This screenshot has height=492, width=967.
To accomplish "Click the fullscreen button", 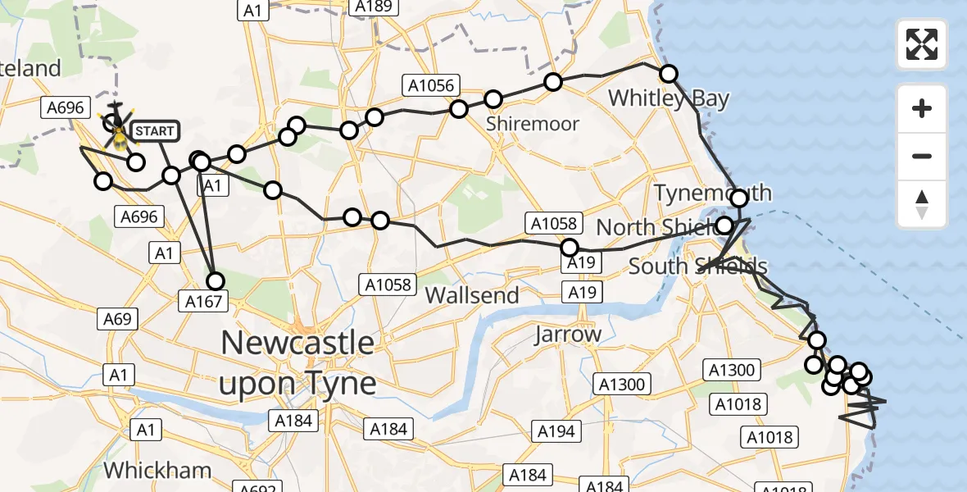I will tap(922, 44).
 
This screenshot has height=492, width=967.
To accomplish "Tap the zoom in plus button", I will tap(922, 108).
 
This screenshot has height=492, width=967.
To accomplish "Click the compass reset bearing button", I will tap(922, 204).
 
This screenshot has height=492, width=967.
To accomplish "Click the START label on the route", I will tap(153, 131).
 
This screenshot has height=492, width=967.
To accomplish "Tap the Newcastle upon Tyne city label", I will tap(298, 362).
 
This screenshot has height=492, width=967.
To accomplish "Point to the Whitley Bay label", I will tap(668, 99).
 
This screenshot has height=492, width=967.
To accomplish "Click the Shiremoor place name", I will tap(532, 124).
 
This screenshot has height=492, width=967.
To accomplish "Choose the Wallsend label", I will tap(473, 295).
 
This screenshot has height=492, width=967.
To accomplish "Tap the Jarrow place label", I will tap(567, 335).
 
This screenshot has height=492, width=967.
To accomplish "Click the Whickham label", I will tap(158, 471).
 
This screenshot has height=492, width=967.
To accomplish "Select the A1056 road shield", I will tap(428, 84).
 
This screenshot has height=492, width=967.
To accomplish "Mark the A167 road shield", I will tap(202, 302).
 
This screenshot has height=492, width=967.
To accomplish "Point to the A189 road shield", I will tap(371, 7).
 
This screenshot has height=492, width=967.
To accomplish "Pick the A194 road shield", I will tap(556, 430).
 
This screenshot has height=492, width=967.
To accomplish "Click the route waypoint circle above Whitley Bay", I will tap(669, 74).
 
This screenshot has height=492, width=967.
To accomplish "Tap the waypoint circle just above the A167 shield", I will tap(215, 281).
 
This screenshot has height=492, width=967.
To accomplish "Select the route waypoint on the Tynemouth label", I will tap(739, 198).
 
